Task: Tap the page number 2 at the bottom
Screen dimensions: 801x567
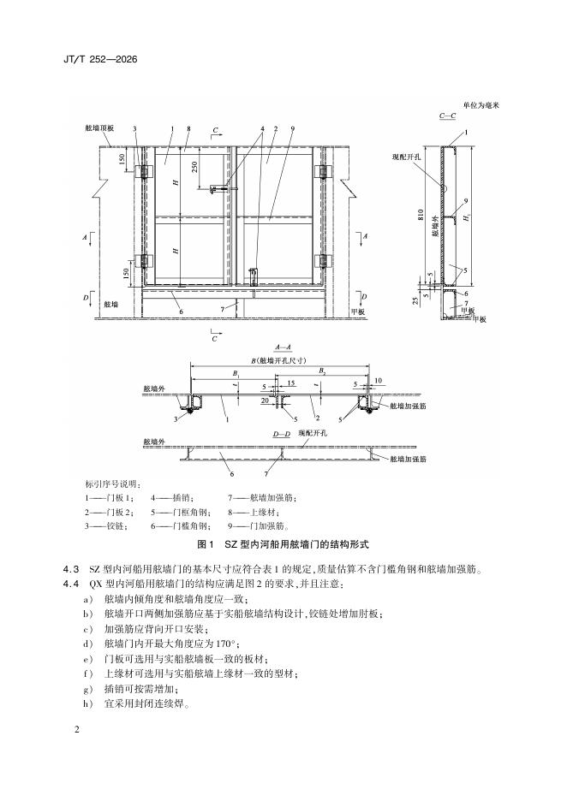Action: tap(77, 729)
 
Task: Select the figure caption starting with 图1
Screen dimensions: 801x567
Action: tap(283, 544)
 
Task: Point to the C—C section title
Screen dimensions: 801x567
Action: tap(447, 116)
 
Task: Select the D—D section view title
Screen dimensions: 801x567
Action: tap(282, 435)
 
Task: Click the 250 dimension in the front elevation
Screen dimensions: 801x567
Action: tap(195, 167)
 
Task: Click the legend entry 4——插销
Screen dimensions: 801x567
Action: tap(171, 497)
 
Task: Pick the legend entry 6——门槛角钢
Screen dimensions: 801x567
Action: tap(179, 525)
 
